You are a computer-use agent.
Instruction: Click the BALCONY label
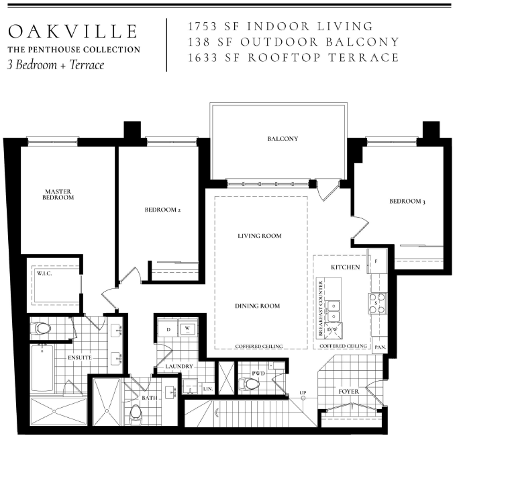[x=283, y=139]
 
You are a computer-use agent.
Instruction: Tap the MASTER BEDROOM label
[x=58, y=195]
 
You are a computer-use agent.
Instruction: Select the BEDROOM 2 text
[x=162, y=210]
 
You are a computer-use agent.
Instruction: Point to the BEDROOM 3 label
[x=407, y=202]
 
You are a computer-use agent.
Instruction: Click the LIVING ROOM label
[x=260, y=236]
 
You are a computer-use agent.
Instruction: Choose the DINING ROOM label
[x=257, y=306]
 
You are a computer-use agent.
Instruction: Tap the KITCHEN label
[x=346, y=267]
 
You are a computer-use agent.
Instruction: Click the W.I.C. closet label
[x=44, y=273]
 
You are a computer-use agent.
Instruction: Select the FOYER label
[x=349, y=392]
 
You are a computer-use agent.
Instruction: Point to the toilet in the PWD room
[x=249, y=384]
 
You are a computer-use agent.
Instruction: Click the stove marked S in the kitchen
[x=377, y=303]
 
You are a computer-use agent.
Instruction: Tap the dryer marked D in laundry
[x=168, y=329]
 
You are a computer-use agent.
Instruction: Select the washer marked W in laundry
[x=187, y=329]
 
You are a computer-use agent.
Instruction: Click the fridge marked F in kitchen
[x=377, y=261]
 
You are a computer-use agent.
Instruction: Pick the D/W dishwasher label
[x=332, y=329]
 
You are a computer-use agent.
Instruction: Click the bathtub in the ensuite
[x=42, y=368]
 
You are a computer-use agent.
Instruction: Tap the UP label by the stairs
[x=303, y=392]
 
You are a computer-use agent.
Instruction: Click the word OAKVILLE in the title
[x=73, y=32]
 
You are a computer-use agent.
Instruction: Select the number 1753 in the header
[x=202, y=26]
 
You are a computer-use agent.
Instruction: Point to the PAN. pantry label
[x=380, y=347]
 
